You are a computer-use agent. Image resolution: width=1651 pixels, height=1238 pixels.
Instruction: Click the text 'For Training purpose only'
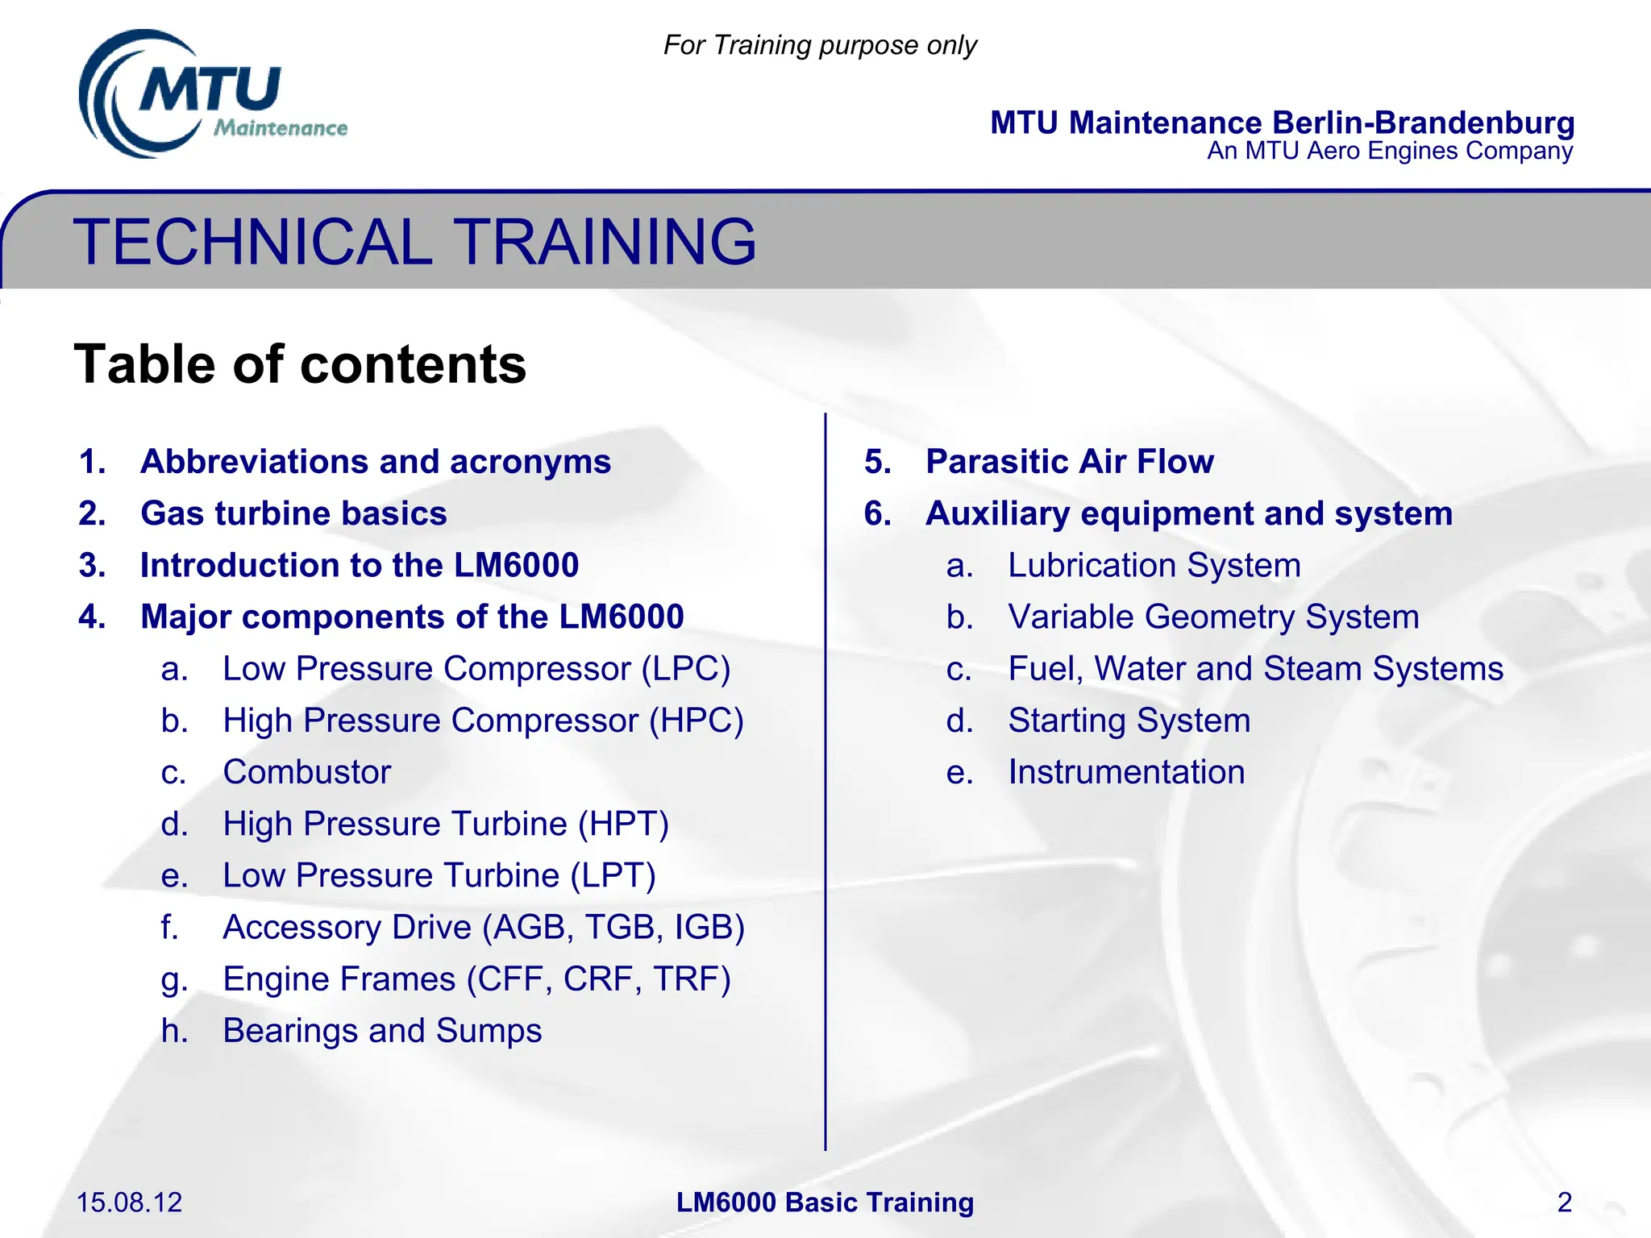click(x=819, y=45)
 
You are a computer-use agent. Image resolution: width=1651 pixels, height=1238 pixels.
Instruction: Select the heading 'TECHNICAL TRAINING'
click(x=414, y=241)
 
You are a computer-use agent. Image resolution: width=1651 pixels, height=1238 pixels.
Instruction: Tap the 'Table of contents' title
click(x=300, y=364)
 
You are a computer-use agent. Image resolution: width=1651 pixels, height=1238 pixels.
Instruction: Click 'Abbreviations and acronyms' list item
click(x=375, y=462)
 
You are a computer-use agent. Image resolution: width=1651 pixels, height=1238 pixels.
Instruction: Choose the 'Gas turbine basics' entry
click(x=293, y=513)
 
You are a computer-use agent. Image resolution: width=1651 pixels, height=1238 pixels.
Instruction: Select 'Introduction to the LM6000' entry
click(x=359, y=565)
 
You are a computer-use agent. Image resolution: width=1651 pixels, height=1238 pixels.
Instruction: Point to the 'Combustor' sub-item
click(x=306, y=772)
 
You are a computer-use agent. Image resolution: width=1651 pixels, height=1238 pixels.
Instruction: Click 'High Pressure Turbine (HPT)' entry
click(x=445, y=824)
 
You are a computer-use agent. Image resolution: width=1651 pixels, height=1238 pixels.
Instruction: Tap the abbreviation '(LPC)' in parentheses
click(x=685, y=669)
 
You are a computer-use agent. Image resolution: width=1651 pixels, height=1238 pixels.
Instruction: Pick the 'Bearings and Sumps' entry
click(x=382, y=1031)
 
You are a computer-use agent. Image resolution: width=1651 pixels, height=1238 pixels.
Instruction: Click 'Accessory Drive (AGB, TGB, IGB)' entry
click(x=483, y=927)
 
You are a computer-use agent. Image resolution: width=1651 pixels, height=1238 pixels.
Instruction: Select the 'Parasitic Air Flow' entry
click(x=1069, y=462)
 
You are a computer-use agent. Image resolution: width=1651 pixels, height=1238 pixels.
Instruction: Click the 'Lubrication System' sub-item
click(x=1154, y=565)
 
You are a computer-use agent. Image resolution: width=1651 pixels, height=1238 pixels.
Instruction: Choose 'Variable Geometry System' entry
click(x=1212, y=617)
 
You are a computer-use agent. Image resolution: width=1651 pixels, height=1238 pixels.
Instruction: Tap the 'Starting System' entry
click(x=1129, y=721)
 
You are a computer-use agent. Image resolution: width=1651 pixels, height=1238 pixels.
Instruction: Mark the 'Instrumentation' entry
click(x=1126, y=772)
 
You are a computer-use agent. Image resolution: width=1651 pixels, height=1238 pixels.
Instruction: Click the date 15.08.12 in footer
click(x=129, y=1203)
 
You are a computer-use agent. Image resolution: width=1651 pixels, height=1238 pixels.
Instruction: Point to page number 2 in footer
click(x=1564, y=1203)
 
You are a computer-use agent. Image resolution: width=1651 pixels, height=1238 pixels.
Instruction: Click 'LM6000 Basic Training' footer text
click(x=825, y=1203)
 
